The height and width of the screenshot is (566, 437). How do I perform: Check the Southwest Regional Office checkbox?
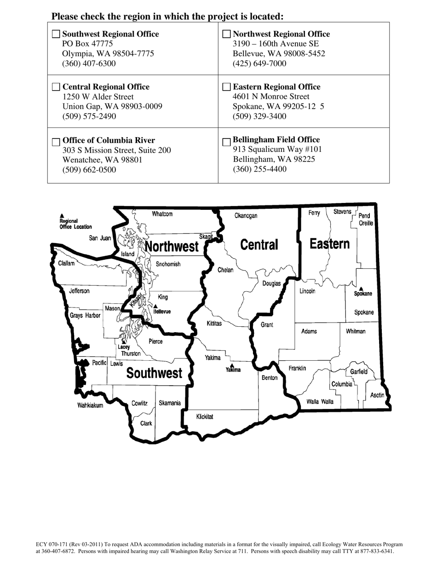(56, 34)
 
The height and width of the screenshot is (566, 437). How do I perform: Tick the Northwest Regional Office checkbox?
(226, 34)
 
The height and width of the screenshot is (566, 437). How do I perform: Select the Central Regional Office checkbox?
(56, 87)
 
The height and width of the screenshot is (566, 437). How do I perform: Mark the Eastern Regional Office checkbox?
(226, 87)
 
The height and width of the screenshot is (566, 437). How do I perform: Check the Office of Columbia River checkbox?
(56, 141)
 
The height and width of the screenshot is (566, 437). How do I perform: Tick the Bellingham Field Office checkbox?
(226, 142)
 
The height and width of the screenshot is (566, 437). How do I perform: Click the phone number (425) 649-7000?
(259, 64)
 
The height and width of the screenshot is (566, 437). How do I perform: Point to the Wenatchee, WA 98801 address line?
(102, 160)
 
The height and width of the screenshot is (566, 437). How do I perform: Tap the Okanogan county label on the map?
(246, 215)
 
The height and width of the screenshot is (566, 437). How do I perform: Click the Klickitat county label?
(205, 417)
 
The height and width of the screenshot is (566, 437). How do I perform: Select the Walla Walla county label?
(320, 402)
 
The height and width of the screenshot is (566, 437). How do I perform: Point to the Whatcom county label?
(162, 214)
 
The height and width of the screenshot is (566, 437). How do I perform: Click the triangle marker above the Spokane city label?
(361, 289)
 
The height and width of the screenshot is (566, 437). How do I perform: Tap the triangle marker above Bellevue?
(155, 306)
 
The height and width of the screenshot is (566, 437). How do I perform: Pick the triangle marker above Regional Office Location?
(62, 216)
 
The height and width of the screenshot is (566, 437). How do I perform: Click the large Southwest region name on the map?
(154, 373)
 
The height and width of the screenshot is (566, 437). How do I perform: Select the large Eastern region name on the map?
(329, 244)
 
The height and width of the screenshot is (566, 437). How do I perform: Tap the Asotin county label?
(377, 395)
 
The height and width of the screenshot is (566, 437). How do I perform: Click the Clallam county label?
(67, 264)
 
